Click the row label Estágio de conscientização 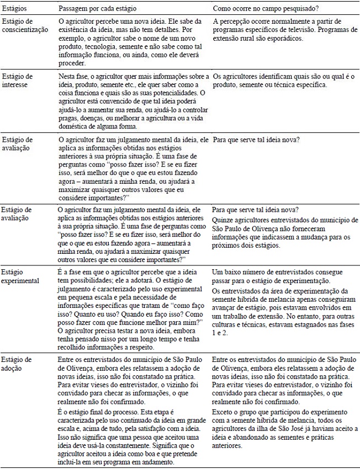25,25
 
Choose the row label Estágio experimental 20,276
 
